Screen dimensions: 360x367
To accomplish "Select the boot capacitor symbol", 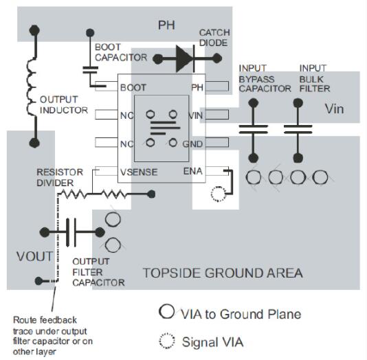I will [x=90, y=69].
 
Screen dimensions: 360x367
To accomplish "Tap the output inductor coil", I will [x=32, y=85].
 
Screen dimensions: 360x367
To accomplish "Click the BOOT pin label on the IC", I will [x=132, y=87].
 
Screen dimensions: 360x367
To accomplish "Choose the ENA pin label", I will [x=193, y=170].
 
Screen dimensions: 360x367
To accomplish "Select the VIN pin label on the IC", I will [x=195, y=115].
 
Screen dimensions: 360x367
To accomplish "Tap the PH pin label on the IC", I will [x=197, y=87].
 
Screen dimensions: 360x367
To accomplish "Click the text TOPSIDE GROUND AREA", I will [x=222, y=273].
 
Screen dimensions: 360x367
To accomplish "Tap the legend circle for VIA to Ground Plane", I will [x=166, y=314].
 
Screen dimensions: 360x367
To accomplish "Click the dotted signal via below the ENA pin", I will [x=219, y=195].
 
